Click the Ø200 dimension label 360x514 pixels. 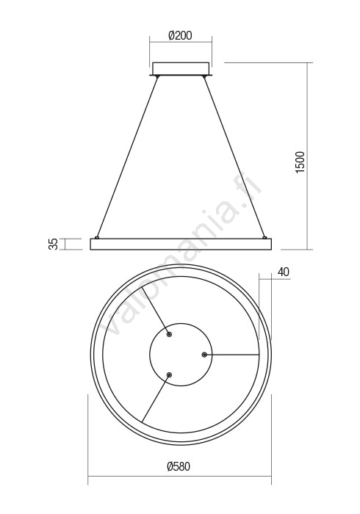[180, 35]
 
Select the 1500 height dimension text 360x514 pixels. [300, 162]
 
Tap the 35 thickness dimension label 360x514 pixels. [53, 244]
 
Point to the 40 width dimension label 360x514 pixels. [284, 272]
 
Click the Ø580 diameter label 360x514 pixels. [179, 466]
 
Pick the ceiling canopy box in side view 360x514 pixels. [181, 68]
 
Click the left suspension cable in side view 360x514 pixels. [127, 156]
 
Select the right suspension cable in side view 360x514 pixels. [234, 156]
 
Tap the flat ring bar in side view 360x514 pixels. [181, 245]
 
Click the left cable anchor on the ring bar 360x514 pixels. [97, 237]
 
